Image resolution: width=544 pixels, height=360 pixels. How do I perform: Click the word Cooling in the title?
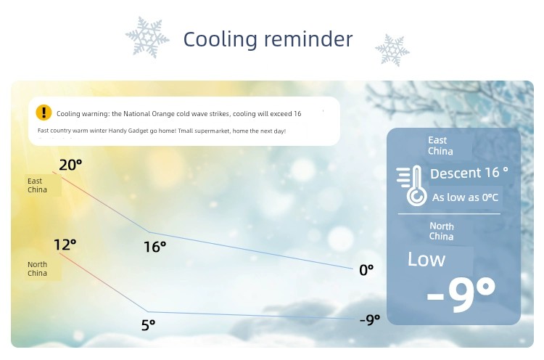point(221,39)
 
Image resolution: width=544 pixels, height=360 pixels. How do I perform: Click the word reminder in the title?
point(308,38)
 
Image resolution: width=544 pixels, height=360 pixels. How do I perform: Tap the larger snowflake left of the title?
point(147,37)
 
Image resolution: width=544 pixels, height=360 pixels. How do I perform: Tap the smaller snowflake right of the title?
point(392,50)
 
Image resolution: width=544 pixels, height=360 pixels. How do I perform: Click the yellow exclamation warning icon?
point(44,112)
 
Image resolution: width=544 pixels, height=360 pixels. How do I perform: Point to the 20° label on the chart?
point(70,165)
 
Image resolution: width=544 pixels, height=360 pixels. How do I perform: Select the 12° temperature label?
point(65,245)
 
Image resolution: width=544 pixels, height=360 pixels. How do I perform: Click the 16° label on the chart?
point(154,247)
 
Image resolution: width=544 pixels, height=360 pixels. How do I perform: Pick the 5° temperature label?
point(148,325)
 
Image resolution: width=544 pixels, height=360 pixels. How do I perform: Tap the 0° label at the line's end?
point(366,270)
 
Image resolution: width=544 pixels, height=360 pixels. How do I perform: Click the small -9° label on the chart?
point(370,319)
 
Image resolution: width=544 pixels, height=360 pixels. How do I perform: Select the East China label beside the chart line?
point(37,185)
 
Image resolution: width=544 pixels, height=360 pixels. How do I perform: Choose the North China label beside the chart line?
point(37,269)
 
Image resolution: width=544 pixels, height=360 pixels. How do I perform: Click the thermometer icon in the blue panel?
point(412,186)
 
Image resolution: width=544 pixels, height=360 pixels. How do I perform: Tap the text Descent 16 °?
point(469,173)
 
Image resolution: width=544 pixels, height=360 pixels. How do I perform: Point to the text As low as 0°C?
point(465,197)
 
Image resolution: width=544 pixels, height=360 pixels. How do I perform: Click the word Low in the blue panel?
point(426,259)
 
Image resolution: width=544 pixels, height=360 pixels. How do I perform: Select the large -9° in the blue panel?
point(461,294)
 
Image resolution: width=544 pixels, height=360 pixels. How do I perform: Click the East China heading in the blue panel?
point(440,146)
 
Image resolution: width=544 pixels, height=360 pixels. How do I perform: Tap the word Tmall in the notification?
point(185,131)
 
